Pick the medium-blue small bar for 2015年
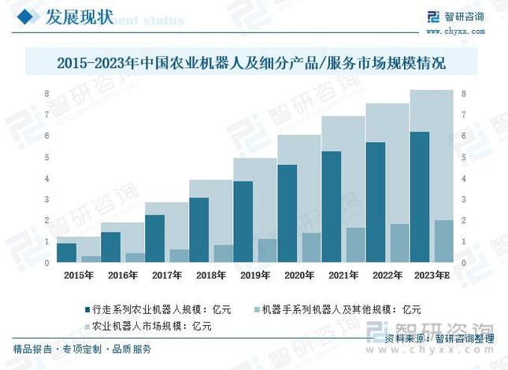click(91, 259)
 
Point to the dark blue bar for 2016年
click(111, 247)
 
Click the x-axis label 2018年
click(211, 275)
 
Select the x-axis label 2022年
click(387, 275)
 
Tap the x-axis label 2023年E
click(432, 275)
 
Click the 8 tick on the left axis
click(47, 94)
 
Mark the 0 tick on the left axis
click(47, 263)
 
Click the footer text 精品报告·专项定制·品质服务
click(83, 349)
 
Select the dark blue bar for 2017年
click(155, 239)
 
